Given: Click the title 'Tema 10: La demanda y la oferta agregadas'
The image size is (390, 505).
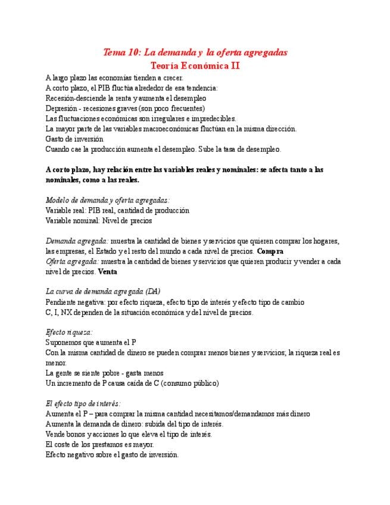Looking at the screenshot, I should click(x=195, y=52).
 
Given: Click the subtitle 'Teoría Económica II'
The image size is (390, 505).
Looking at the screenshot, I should click(x=195, y=66).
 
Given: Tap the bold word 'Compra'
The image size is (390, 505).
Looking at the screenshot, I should click(x=270, y=251).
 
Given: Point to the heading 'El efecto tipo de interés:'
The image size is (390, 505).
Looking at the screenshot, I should click(x=83, y=403).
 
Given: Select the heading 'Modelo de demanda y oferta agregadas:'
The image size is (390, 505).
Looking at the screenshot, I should click(x=108, y=201).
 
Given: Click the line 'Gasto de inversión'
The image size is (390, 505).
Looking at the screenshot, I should click(x=74, y=139).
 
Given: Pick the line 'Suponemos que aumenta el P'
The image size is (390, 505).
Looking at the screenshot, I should click(x=91, y=342).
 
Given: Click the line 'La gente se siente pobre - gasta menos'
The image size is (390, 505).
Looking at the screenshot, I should click(x=104, y=373).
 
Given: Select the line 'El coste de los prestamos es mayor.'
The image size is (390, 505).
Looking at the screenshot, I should click(x=99, y=444).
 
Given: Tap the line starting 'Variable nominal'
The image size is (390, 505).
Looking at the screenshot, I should click(x=98, y=220).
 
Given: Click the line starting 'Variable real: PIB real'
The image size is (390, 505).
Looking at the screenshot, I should click(x=117, y=210).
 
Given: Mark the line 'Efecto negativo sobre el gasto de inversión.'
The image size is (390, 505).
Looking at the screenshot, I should click(x=112, y=454).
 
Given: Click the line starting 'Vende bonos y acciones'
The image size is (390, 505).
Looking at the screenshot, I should click(x=128, y=434).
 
